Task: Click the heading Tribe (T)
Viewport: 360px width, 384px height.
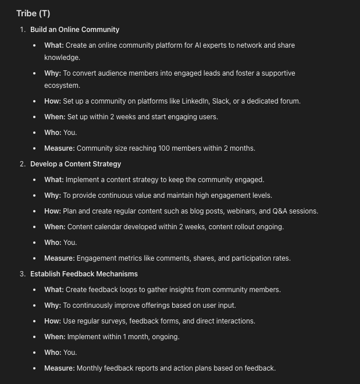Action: [33, 13]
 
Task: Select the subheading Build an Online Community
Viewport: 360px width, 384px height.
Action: [74, 30]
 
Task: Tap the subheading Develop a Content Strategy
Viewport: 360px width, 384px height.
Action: [76, 164]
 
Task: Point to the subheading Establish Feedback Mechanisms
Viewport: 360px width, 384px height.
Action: [84, 274]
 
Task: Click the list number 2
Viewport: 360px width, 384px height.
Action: [23, 164]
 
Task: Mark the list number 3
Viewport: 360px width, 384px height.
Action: [23, 274]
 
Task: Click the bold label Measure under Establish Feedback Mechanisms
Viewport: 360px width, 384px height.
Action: [59, 368]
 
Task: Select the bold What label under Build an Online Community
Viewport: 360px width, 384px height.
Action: [54, 45]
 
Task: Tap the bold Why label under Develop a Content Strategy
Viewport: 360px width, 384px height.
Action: [52, 195]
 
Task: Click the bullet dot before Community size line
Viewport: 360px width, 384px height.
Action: [35, 148]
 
